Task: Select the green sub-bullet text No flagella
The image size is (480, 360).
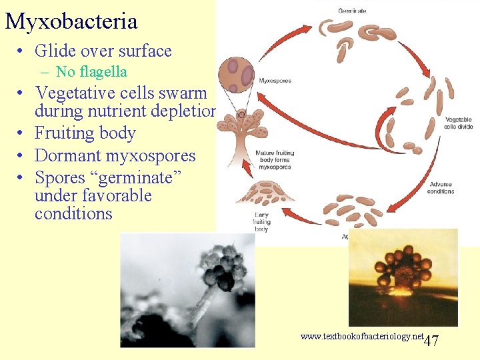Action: (91, 71)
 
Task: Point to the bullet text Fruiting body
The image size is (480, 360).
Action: (85, 133)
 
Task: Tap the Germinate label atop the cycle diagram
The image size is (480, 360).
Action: (351, 11)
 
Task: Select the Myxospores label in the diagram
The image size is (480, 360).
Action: (274, 81)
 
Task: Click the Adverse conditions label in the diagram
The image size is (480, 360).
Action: (441, 187)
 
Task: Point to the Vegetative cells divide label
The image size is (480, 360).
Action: (459, 123)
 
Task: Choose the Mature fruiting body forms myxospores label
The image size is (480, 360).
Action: (275, 161)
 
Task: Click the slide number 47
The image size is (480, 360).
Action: (431, 341)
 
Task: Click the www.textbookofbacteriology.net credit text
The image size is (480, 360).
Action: (362, 337)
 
